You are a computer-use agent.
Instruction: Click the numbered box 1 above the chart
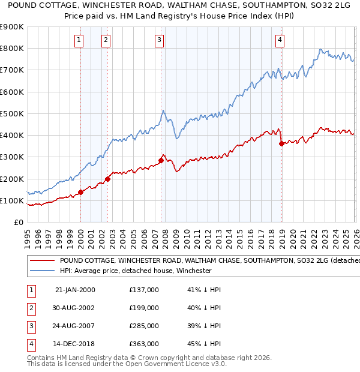coord(80,40)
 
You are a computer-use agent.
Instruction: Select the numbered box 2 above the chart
coord(106,40)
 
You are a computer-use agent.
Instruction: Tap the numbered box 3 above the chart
coord(159,40)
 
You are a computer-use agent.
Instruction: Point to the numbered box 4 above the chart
coord(280,40)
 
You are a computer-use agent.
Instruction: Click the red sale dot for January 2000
coord(80,193)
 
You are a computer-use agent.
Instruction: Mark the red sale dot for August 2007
coord(161,160)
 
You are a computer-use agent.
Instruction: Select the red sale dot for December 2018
coord(281,143)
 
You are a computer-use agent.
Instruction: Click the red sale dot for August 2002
coord(108,179)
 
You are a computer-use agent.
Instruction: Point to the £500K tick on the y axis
coord(12,113)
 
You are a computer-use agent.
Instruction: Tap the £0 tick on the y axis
coord(18,223)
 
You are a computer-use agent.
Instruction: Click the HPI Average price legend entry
coord(136,271)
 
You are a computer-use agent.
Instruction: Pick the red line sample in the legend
coord(42,261)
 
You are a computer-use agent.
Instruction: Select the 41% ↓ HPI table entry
coord(204,290)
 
